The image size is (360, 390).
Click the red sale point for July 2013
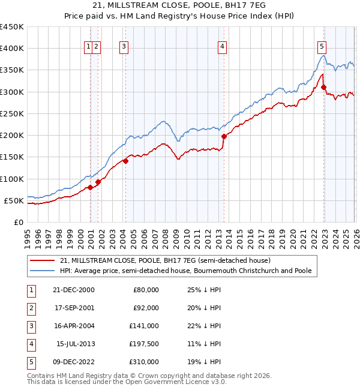224,136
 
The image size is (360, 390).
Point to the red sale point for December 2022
323,87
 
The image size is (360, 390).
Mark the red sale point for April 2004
126,161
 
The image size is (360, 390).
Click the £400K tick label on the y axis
11,49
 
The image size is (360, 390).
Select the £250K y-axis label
11,113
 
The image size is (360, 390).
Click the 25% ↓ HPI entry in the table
202,290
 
